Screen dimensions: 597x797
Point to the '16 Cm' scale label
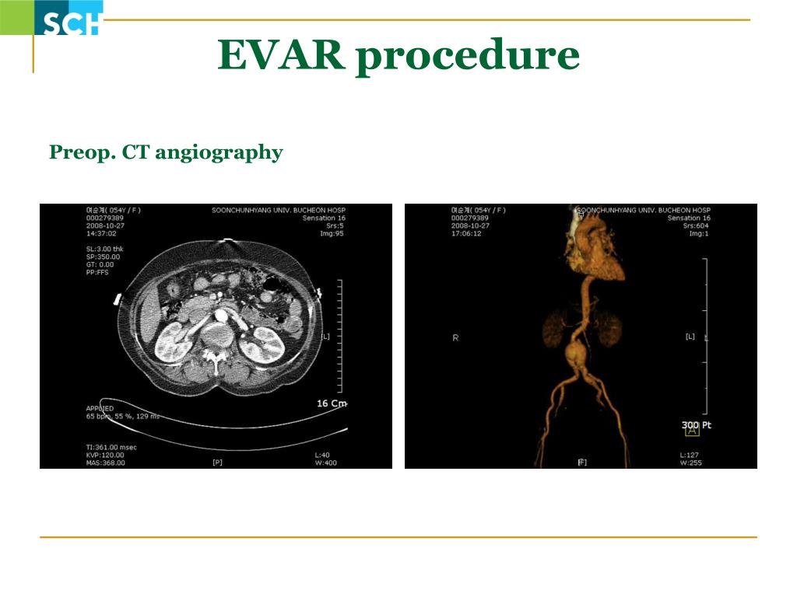point(332,403)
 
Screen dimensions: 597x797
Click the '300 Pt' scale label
point(697,424)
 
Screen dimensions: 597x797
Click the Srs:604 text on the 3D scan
point(696,225)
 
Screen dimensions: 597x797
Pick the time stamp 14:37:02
point(101,233)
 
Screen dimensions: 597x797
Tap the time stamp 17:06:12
point(466,233)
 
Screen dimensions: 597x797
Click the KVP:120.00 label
point(105,455)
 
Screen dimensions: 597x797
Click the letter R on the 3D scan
point(455,338)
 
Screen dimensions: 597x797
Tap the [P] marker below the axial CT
point(217,463)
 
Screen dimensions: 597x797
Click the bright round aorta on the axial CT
point(221,316)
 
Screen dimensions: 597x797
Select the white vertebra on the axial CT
point(212,357)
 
